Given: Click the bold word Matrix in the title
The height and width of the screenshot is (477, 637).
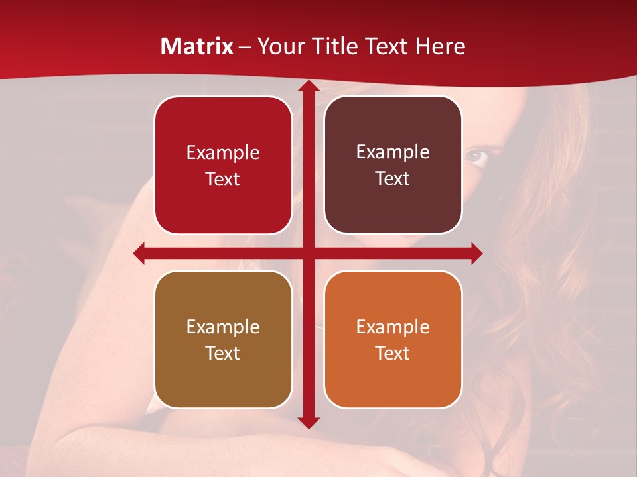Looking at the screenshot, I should tap(197, 46).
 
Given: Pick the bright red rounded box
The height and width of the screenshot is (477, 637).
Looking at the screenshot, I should tap(223, 165).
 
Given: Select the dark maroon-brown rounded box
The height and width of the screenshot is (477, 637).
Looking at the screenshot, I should tap(393, 165).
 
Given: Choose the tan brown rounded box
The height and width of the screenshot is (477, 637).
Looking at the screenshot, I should tap(223, 339).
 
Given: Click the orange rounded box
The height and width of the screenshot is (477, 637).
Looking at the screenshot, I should tap(393, 339).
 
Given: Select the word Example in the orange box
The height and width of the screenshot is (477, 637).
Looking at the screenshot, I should tap(393, 327).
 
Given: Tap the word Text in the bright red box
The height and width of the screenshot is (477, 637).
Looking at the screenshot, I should tap(223, 179).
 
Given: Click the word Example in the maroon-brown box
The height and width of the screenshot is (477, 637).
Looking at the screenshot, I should tap(393, 152).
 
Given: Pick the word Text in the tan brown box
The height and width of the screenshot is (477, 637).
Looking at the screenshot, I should tap(223, 353).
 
